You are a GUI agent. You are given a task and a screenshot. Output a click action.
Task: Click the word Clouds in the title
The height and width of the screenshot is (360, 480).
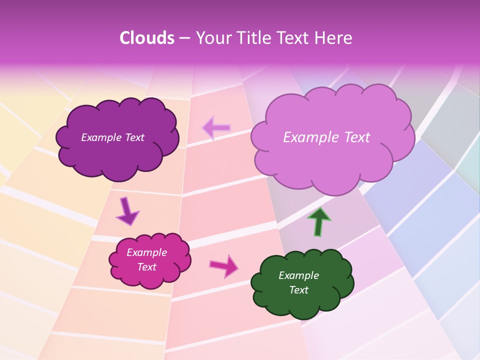point(147,38)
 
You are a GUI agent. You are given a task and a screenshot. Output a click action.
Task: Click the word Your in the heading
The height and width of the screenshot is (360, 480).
point(212,38)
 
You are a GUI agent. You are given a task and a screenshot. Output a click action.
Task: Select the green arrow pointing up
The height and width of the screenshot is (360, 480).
point(319,221)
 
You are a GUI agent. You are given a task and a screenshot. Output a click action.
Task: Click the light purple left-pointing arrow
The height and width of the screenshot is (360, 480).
point(216,128)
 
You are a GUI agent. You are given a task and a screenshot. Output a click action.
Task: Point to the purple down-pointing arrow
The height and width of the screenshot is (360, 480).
point(127,211)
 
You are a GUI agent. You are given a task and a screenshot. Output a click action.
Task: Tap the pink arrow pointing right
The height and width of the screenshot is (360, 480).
point(224,265)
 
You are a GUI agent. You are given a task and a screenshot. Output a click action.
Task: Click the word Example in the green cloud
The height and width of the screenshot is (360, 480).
point(298,275)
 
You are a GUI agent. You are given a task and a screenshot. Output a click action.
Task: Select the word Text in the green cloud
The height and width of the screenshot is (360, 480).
point(298,290)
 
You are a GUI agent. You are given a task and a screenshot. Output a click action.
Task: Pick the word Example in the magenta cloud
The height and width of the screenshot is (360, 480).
point(146,252)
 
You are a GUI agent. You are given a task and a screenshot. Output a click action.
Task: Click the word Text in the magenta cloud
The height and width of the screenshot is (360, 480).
point(146,267)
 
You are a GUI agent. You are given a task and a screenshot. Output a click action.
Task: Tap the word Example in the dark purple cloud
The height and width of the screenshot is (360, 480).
point(101,137)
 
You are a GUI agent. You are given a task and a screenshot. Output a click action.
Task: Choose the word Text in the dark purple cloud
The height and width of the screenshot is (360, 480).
point(134,137)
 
